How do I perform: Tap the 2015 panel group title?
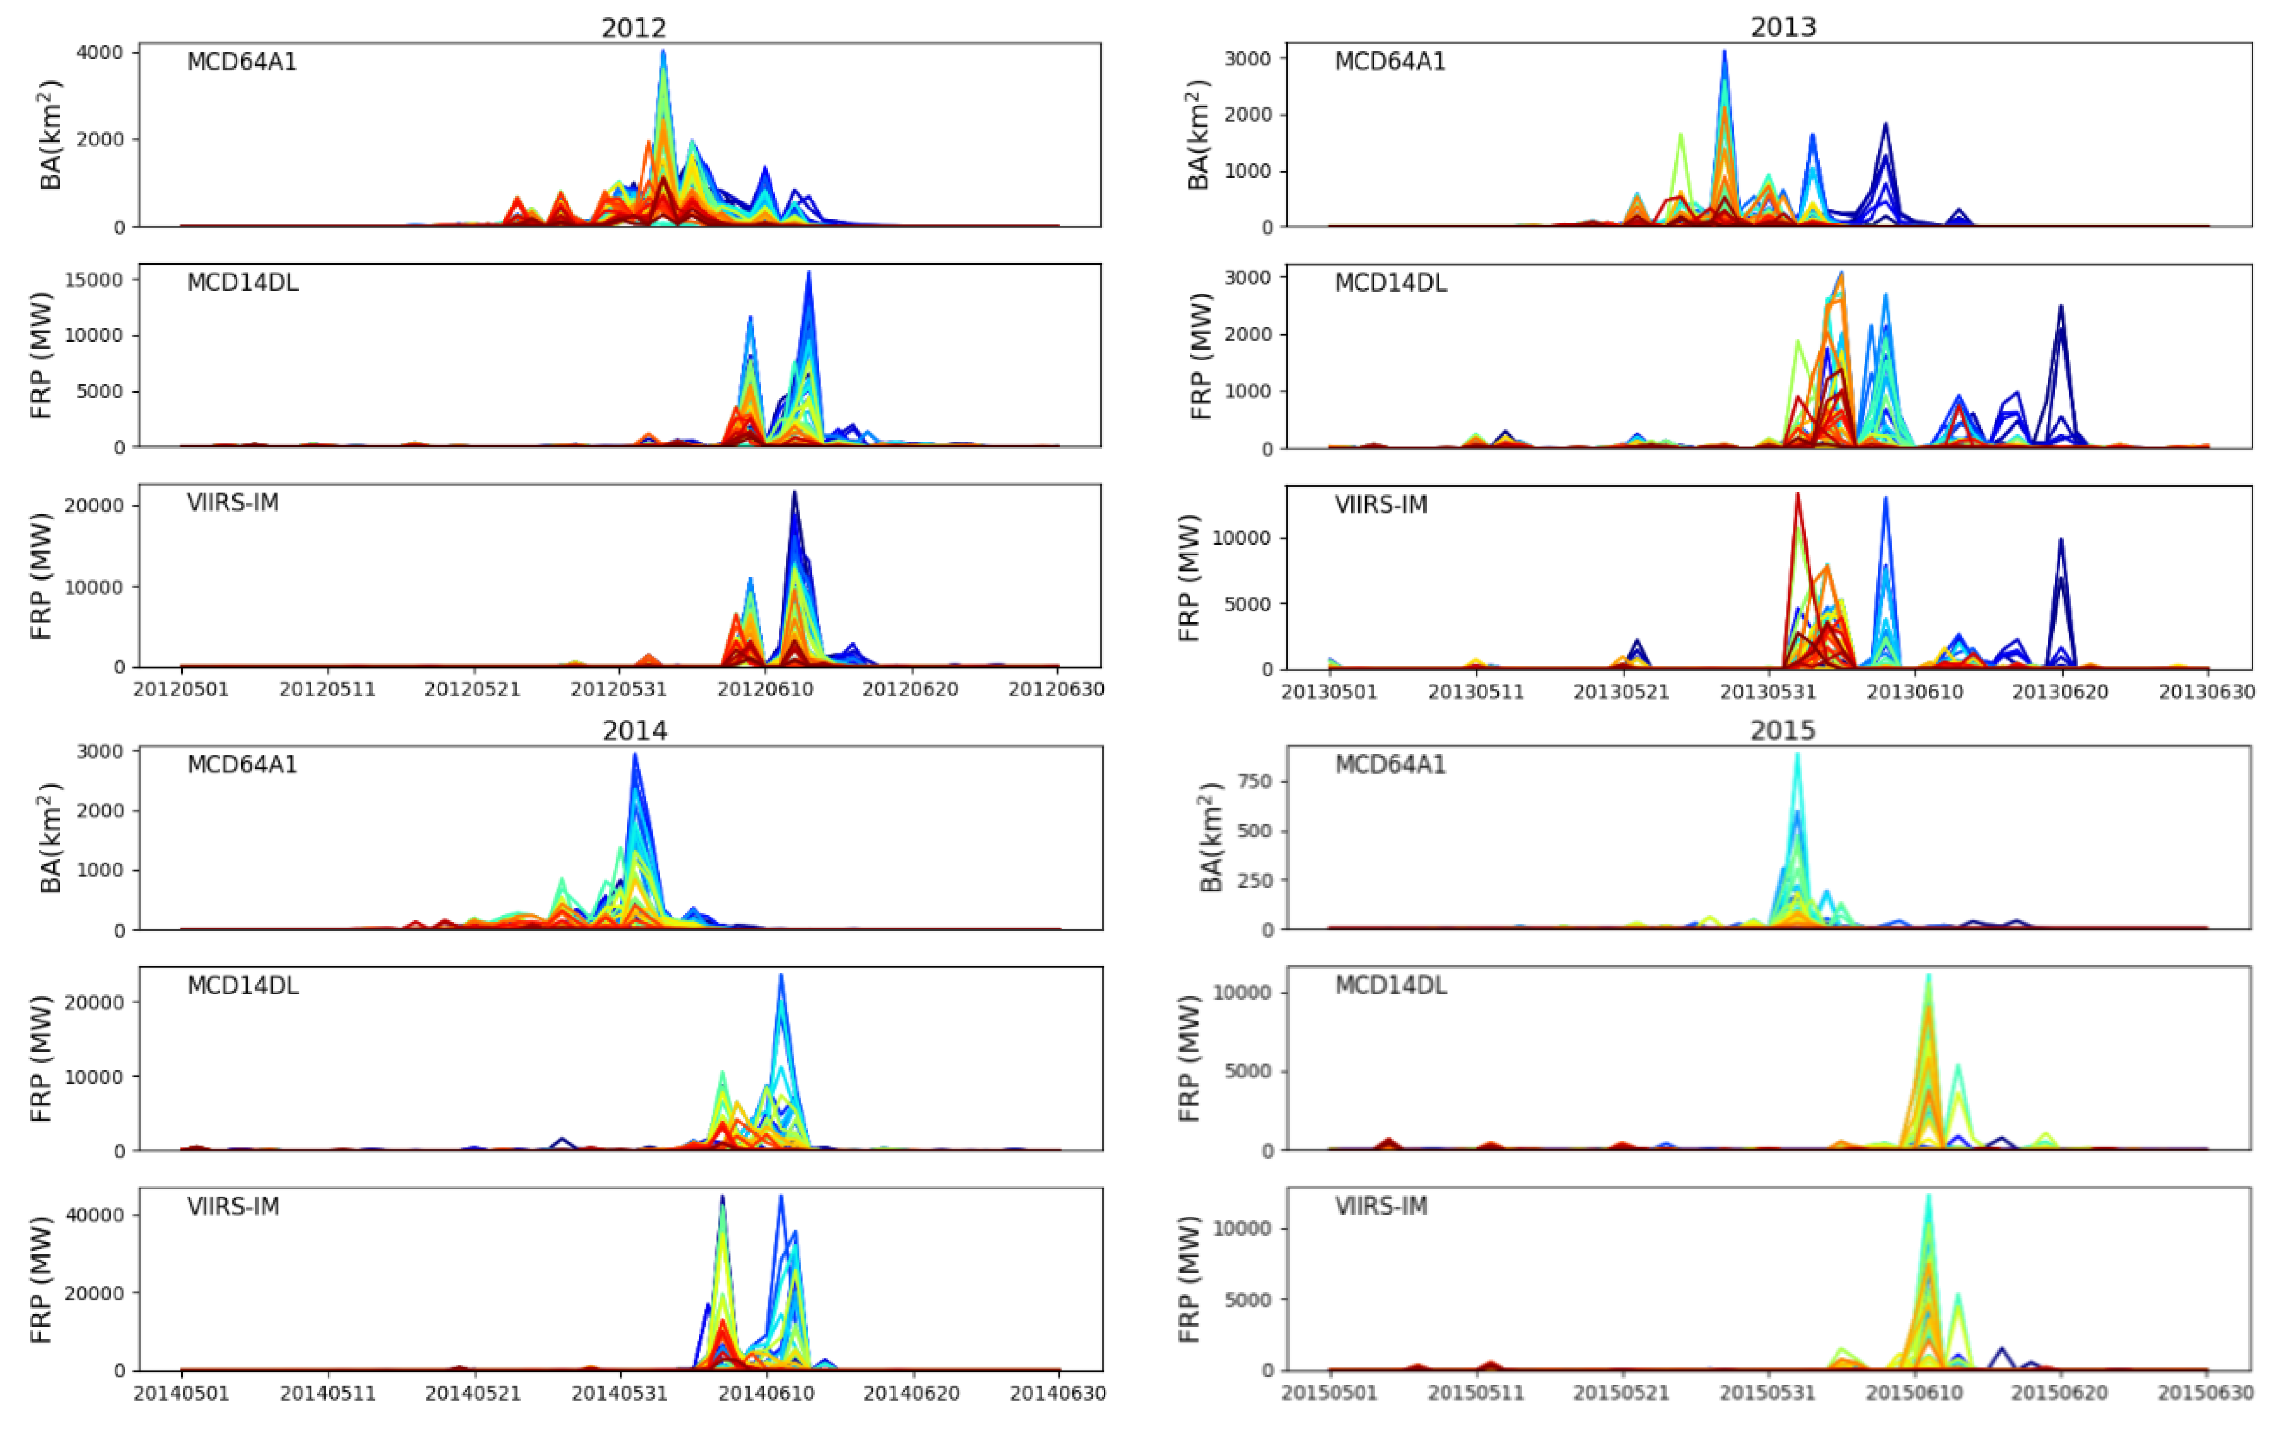tap(1782, 730)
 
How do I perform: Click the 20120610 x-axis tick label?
tap(765, 690)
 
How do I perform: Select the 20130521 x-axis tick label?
tap(1621, 692)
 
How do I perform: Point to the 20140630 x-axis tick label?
tap(1057, 1394)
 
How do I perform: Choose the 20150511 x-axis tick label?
tap(1476, 1394)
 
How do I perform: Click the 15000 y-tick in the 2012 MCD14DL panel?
tap(94, 280)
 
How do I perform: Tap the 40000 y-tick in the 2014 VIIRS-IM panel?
tap(94, 1215)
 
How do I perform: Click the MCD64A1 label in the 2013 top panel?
tap(1389, 62)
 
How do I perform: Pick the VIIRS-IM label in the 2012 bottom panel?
tap(232, 503)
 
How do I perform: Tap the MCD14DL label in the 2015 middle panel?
tap(1390, 986)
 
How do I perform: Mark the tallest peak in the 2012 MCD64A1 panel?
tap(663, 52)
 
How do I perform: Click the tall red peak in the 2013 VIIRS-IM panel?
tap(1797, 494)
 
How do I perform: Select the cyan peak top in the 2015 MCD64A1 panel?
tap(1797, 756)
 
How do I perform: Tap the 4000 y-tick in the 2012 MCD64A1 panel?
tap(100, 53)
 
